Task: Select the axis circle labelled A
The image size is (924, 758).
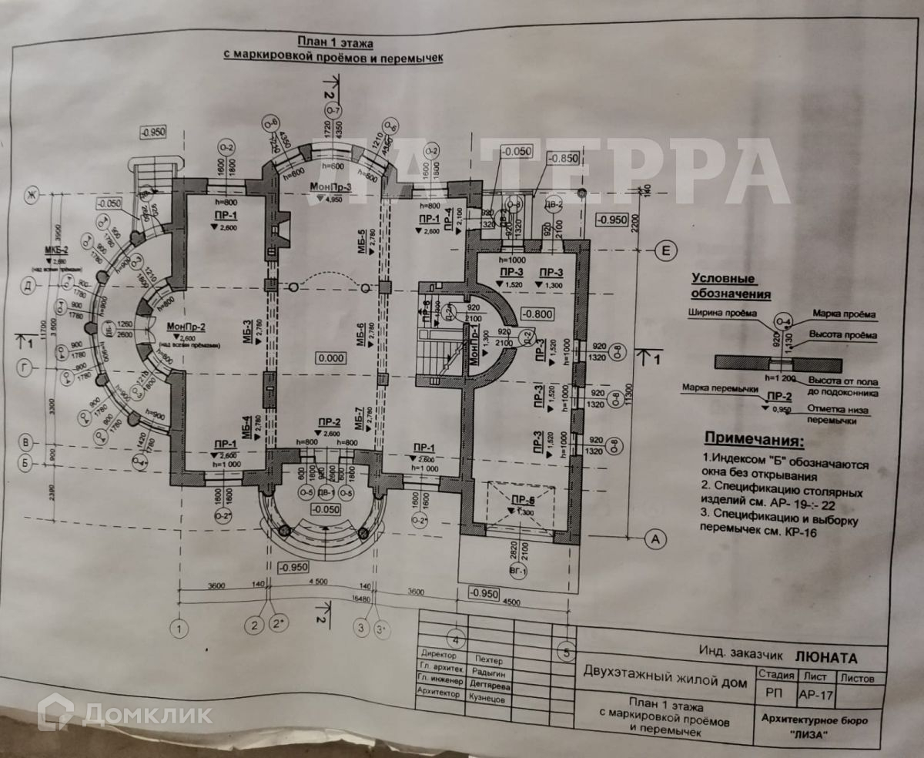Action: coord(655,539)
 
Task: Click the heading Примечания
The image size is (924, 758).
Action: coord(753,441)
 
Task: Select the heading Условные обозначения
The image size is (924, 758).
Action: coord(730,287)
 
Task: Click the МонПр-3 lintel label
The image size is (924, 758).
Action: coord(332,186)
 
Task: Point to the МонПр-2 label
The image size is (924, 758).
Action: coord(185,327)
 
